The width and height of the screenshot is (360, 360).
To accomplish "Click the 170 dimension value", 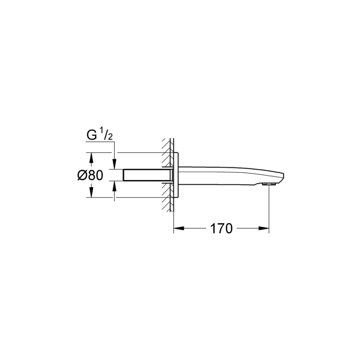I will tap(221, 229).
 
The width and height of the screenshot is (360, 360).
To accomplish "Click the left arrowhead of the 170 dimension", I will tap(177, 229).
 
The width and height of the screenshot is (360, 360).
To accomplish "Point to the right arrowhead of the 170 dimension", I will tap(265, 229).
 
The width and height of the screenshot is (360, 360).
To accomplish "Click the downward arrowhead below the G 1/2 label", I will tap(115, 165).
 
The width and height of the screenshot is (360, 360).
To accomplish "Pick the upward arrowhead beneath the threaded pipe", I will tap(115, 185).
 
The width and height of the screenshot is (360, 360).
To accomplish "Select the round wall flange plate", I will tap(178, 175).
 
